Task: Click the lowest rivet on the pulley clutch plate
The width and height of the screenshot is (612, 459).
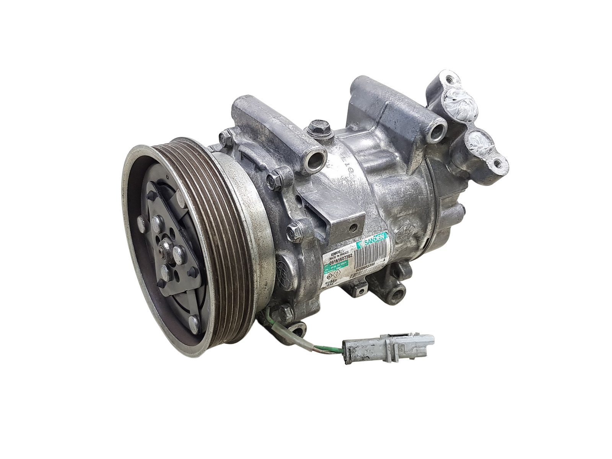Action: tap(195, 323)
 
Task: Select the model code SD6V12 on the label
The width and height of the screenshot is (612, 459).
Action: tap(336, 253)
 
